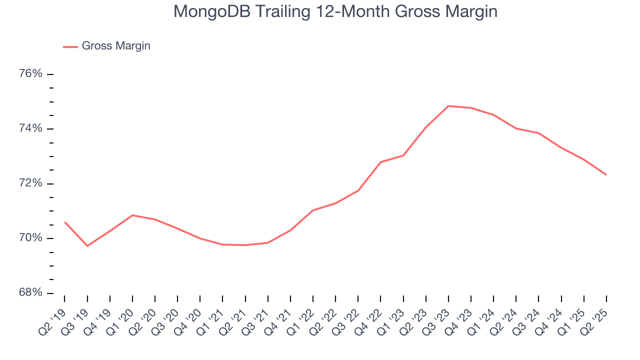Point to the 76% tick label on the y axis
pos(30,74)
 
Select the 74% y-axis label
pos(30,129)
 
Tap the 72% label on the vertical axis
pos(30,183)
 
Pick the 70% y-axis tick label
pos(30,238)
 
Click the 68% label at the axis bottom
pos(30,292)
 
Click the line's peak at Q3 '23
pos(448,106)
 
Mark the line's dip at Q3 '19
pos(87,246)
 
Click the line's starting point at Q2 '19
pos(64,221)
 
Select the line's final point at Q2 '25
pos(606,174)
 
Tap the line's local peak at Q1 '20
pos(132,215)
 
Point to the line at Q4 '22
pos(380,162)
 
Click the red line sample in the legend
pos(70,46)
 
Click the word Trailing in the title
pos(284,11)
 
